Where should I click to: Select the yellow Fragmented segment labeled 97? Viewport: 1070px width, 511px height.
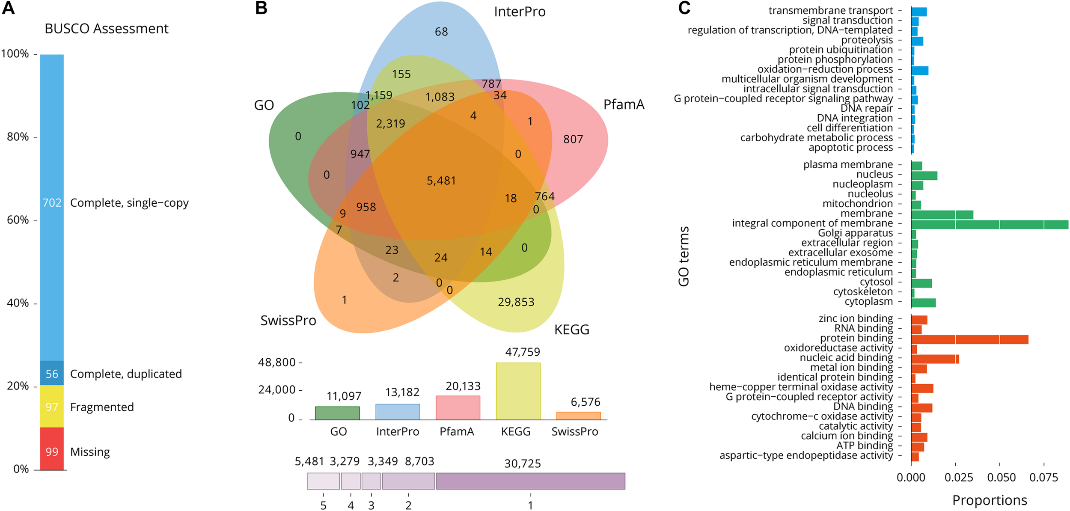pos(52,407)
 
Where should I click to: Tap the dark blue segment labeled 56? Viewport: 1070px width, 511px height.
pos(52,373)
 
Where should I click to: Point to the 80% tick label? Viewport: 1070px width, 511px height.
pos(18,137)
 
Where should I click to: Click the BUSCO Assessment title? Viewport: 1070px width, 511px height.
pos(107,29)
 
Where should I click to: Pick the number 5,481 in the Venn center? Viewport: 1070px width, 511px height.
pos(441,181)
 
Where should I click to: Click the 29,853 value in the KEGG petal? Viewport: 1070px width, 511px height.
pos(516,302)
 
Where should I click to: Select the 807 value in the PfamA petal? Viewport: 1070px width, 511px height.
pos(573,139)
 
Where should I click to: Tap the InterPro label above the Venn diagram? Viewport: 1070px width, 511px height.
pos(520,12)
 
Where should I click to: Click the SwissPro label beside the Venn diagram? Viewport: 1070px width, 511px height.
pos(288,321)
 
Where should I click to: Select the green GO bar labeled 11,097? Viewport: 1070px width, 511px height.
pos(337,413)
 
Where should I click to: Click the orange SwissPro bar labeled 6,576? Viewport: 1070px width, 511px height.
pos(578,416)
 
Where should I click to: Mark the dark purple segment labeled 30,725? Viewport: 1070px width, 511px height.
pos(530,481)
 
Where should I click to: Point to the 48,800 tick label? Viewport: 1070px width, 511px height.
pos(277,362)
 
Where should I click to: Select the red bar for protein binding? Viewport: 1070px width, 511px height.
pos(969,339)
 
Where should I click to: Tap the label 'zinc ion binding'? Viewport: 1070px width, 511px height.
pos(856,318)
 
